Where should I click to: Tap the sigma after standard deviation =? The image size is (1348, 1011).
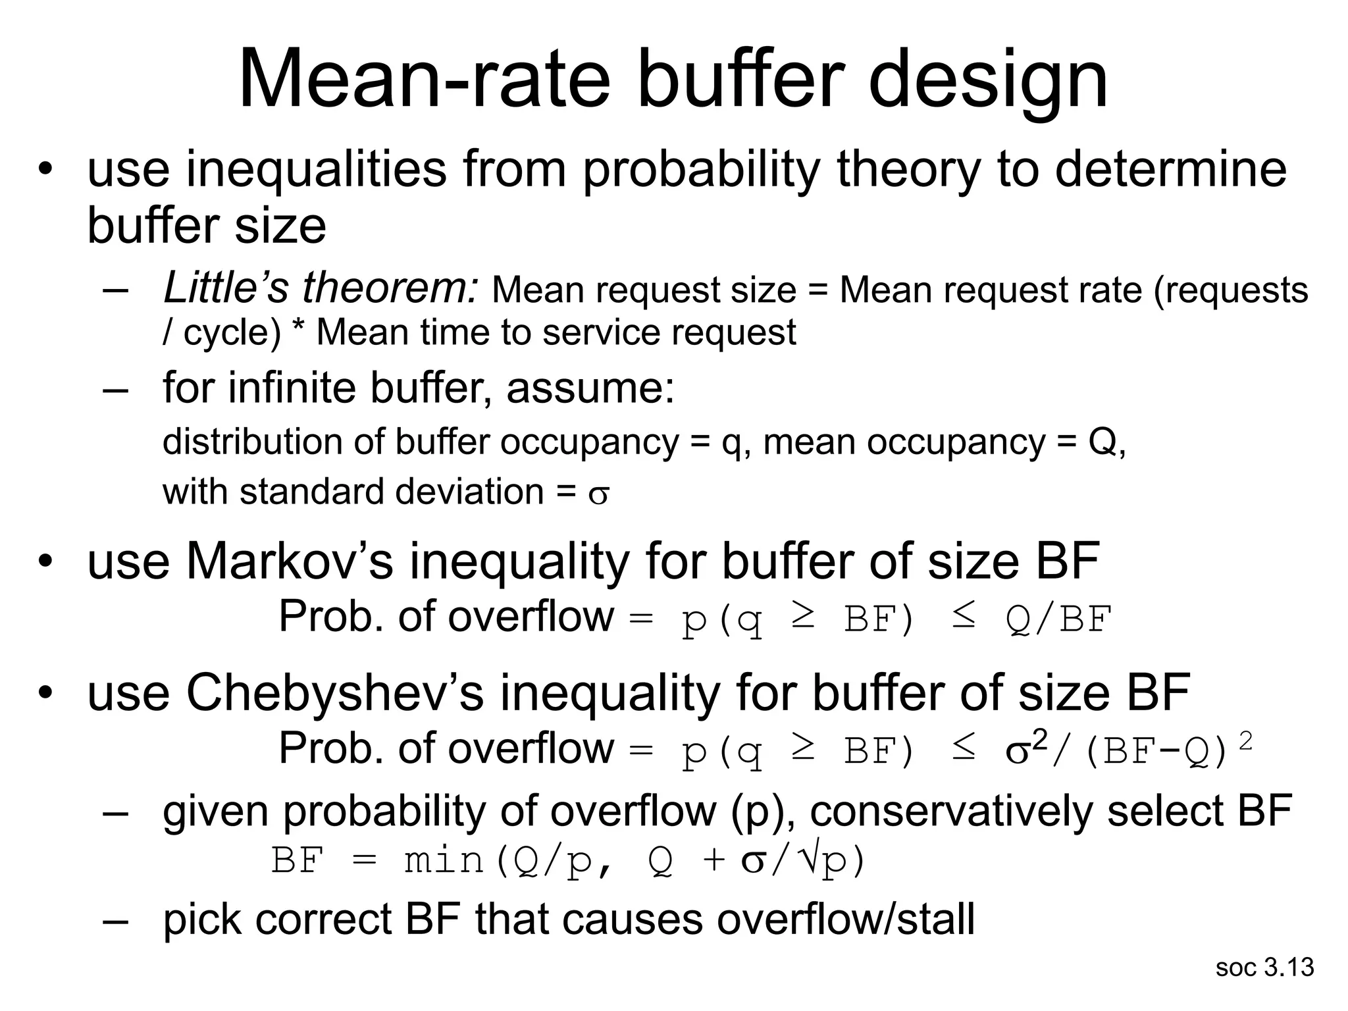click(x=599, y=494)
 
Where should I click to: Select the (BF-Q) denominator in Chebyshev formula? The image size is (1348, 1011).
click(x=1155, y=751)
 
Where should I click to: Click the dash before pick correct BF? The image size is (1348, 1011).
click(x=115, y=920)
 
